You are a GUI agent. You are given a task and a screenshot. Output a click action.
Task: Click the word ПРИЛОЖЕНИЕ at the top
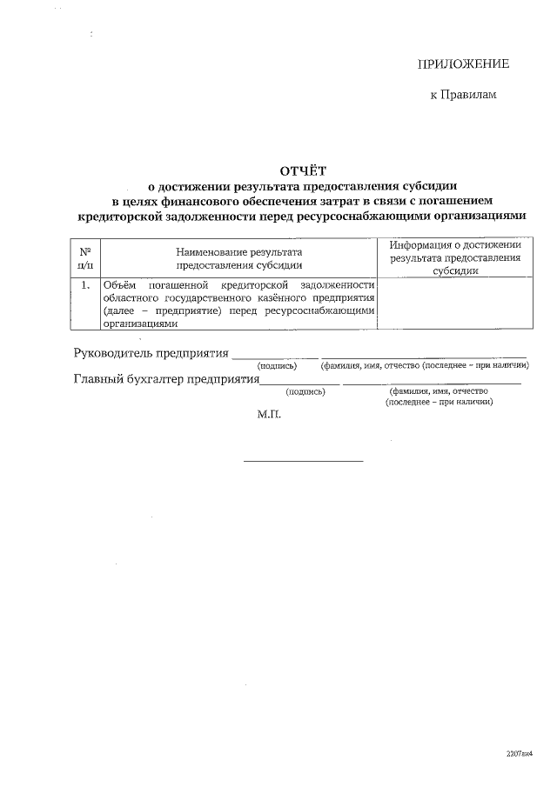click(463, 64)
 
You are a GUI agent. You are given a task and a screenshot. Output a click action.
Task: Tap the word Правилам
click(470, 94)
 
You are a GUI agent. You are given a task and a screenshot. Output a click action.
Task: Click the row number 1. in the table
click(84, 285)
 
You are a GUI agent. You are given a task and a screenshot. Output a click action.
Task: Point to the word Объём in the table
click(119, 285)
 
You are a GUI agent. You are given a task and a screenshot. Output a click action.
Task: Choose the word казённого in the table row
click(260, 297)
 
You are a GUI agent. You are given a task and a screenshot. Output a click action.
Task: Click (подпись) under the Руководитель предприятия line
click(277, 365)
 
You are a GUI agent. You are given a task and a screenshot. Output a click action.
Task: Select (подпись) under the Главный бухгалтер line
click(305, 392)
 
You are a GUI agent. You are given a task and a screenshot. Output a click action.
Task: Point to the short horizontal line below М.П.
click(302, 461)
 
